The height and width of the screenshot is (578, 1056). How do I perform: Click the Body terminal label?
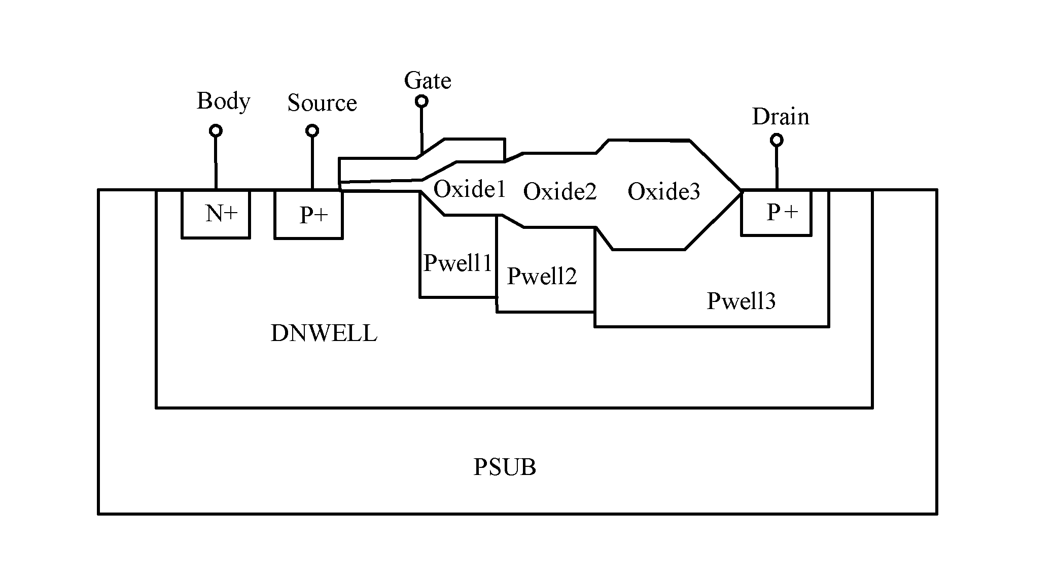[223, 101]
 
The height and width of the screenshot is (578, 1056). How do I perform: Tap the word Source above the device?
[322, 103]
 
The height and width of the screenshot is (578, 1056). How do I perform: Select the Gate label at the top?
[428, 81]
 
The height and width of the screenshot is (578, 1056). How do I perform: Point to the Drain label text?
[780, 117]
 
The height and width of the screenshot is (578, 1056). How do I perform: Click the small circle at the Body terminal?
[216, 131]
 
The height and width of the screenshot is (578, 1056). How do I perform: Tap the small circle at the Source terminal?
[312, 131]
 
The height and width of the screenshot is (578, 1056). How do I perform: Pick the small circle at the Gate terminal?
[421, 101]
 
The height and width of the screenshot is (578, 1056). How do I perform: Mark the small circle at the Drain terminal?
[777, 140]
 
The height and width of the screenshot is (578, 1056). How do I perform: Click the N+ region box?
[216, 214]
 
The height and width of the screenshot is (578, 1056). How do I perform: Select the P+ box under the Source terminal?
[308, 214]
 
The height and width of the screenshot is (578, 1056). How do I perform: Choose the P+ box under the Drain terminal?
[776, 213]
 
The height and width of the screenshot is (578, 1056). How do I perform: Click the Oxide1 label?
[470, 189]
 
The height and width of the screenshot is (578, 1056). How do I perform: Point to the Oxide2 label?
[560, 191]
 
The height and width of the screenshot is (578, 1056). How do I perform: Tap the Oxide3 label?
[664, 191]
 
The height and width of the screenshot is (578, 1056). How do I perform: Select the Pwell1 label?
[458, 263]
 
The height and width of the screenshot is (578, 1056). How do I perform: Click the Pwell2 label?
[542, 276]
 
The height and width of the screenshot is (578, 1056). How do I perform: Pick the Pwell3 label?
[741, 301]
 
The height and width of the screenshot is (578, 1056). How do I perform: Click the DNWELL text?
[324, 333]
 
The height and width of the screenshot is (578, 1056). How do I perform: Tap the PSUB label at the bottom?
[505, 467]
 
